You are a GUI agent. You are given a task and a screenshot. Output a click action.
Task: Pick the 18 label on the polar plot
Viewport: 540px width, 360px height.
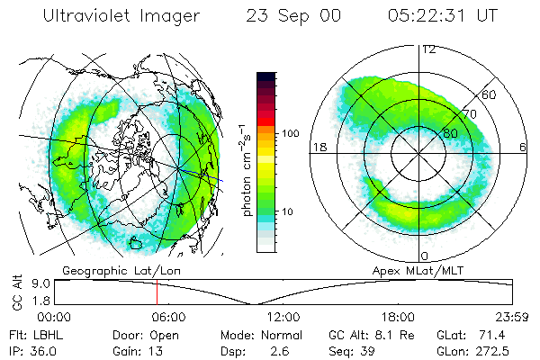pos(318,147)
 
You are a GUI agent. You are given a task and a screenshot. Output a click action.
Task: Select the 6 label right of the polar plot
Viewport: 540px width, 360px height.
pos(523,147)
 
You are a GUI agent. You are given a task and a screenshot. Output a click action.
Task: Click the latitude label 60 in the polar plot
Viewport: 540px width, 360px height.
pos(490,94)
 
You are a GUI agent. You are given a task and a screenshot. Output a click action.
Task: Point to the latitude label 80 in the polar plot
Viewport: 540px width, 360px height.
pos(451,133)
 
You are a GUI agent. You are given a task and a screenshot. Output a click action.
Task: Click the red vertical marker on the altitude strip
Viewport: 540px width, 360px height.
pos(157,292)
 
